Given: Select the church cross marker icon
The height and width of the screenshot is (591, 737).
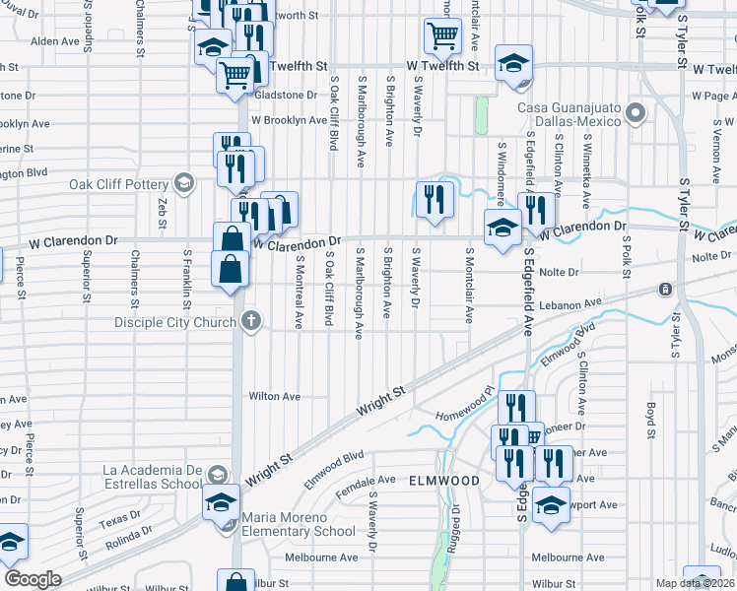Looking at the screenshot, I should click(x=251, y=320).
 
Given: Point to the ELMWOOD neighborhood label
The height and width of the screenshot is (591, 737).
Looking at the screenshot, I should click(x=445, y=481).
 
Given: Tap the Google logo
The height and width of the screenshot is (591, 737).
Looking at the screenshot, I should click(x=33, y=579).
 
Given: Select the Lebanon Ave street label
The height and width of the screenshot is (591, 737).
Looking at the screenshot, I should click(x=569, y=304).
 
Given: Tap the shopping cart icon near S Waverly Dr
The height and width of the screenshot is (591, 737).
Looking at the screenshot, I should click(x=443, y=36).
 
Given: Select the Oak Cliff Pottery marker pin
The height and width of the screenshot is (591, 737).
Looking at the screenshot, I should click(x=182, y=182).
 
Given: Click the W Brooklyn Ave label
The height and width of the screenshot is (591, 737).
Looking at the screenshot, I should click(x=288, y=120).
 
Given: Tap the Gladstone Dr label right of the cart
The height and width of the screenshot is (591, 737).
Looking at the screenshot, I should click(x=286, y=96).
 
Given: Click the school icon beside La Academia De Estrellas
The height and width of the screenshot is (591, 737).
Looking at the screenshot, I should click(x=221, y=499).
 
